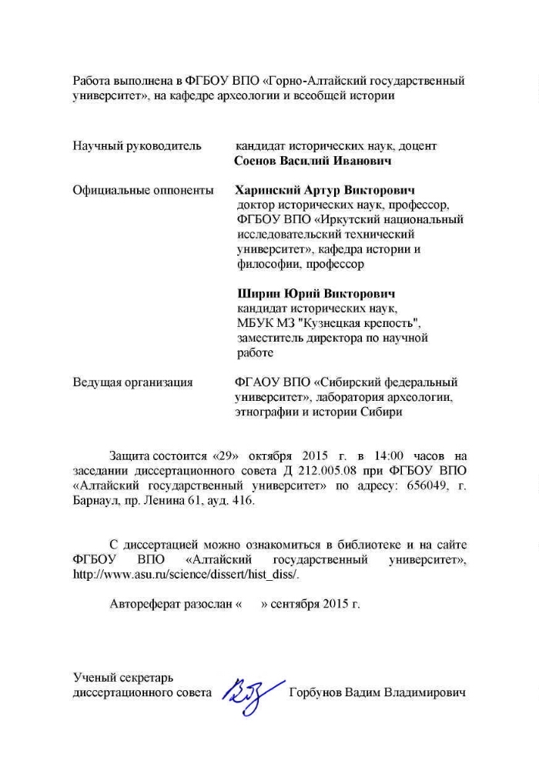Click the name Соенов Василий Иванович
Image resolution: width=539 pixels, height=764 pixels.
click(313, 162)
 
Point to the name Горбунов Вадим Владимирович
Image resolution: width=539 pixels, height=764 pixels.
click(378, 693)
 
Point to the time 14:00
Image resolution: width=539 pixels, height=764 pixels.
click(386, 456)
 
